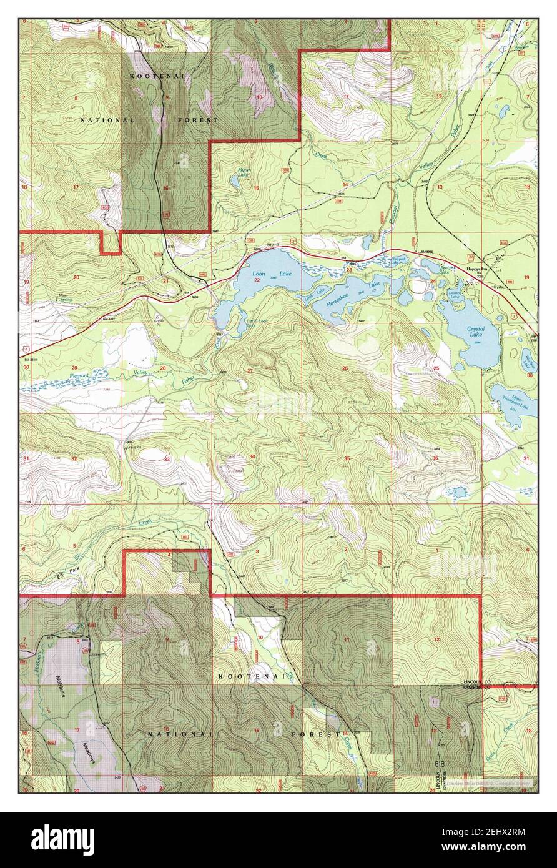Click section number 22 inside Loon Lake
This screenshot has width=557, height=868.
(x=257, y=280)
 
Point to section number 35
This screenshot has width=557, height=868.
(x=347, y=458)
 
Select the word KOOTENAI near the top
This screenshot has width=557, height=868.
(x=149, y=76)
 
